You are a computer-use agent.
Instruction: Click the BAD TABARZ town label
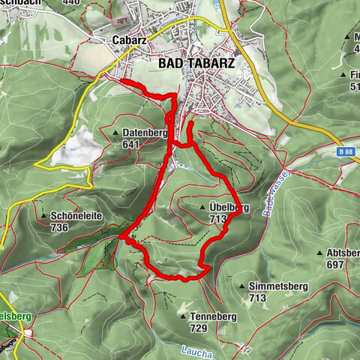[196, 64]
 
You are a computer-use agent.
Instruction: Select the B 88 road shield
[346, 151]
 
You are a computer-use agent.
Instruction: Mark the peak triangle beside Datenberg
[115, 133]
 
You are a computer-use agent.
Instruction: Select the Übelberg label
[229, 208]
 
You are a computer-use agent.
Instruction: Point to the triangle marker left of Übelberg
[203, 208]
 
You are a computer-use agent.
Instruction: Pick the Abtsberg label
[343, 253]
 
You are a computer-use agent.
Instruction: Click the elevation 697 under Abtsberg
[334, 264]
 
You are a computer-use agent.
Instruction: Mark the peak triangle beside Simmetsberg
[241, 286]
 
